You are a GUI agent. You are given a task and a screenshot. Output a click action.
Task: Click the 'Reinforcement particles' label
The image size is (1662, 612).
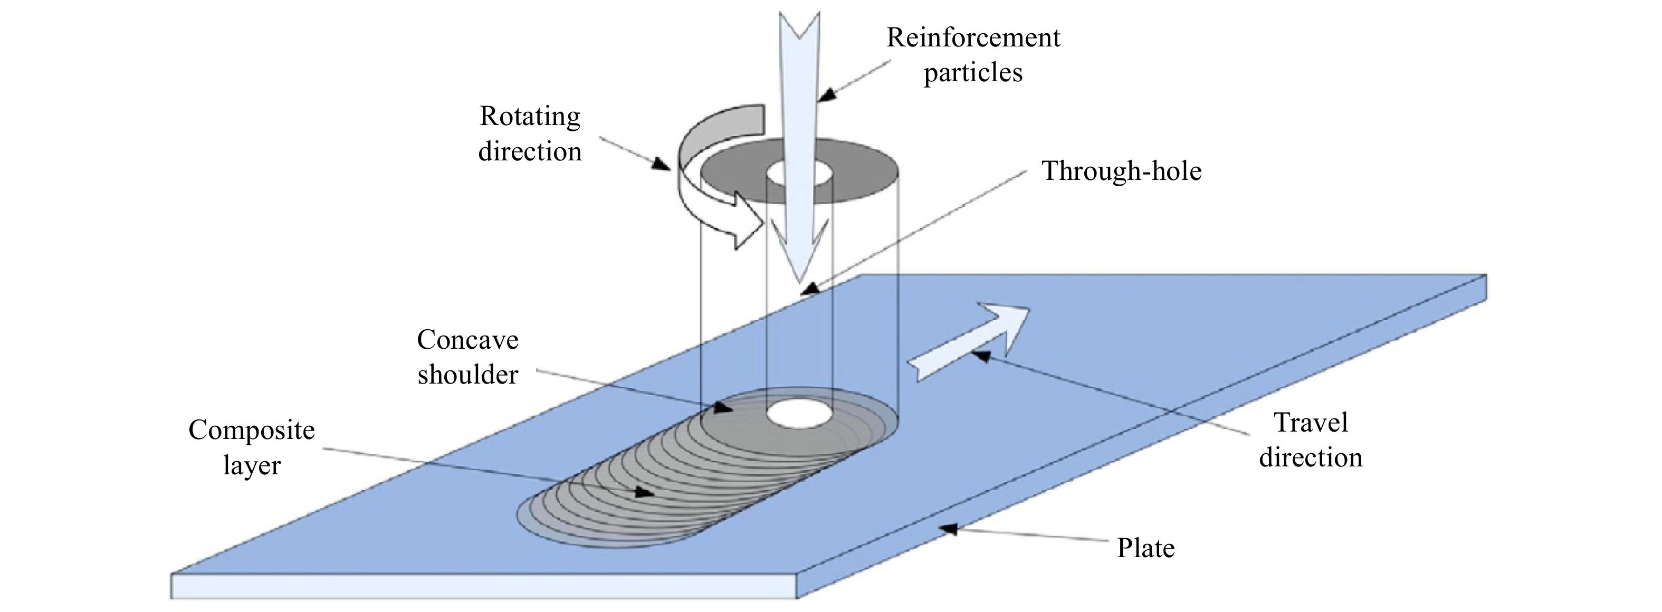[x=973, y=55]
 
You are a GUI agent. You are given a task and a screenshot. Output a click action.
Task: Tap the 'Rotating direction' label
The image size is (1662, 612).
[x=530, y=134]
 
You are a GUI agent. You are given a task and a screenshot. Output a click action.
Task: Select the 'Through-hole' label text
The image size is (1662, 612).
[x=1121, y=171]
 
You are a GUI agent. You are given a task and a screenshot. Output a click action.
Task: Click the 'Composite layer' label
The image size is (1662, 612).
[x=252, y=447]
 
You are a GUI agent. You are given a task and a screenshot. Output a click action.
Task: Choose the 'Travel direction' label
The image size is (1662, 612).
[x=1311, y=440]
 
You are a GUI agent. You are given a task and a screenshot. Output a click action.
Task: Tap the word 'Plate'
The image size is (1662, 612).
[x=1146, y=548]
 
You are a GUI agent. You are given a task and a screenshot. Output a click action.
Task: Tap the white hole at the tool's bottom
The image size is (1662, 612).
[x=799, y=414]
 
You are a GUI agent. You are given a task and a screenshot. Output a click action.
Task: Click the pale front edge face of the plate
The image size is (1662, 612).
[x=484, y=586]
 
